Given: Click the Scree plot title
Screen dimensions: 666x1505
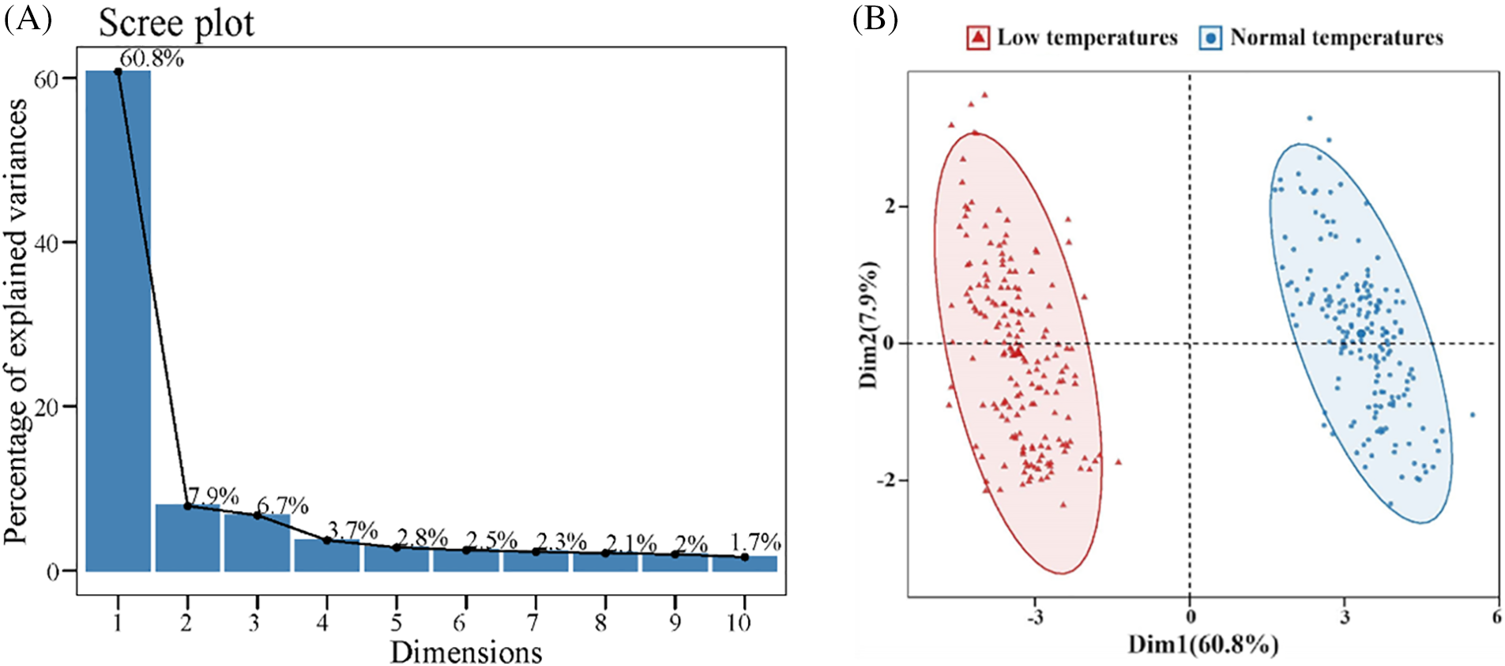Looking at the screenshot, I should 176,23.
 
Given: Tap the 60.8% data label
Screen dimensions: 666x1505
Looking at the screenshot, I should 152,58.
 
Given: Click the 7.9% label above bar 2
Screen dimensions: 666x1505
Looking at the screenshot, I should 213,496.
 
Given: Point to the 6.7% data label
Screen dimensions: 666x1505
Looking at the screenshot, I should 283,505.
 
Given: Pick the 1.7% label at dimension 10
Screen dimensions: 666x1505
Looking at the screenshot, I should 755,542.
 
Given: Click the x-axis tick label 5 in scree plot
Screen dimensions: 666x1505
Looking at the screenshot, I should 396,623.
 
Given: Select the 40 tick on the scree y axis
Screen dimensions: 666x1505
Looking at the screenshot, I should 47,243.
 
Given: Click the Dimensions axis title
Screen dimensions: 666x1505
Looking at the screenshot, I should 466,652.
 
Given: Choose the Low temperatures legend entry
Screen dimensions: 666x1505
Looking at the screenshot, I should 1072,37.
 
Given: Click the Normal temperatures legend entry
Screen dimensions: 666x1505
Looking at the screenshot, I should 1322,37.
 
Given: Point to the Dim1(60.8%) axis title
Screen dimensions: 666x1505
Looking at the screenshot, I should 1202,645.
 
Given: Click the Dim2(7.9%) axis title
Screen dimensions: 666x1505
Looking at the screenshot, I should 869,324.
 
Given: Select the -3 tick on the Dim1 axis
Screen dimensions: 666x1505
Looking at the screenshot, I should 1035,617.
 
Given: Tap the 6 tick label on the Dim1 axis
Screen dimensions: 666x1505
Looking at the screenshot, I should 1496,616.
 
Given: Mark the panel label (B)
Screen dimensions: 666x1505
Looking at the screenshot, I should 875,18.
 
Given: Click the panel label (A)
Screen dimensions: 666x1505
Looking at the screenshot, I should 28,18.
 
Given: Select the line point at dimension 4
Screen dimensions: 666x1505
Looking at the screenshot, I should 326,540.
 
